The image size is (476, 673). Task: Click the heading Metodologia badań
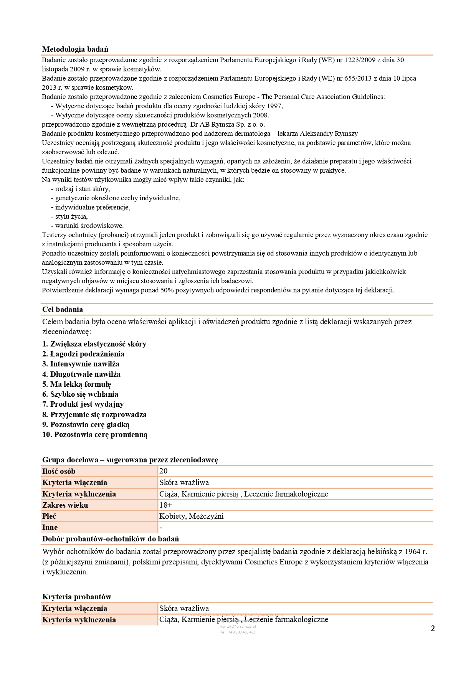coord(75,49)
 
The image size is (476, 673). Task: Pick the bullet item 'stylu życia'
coord(71,216)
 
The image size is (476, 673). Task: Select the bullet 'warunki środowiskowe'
coord(89,226)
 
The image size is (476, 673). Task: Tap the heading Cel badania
coord(63,309)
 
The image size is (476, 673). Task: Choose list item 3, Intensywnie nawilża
coord(81,364)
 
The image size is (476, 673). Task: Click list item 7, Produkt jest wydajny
coord(83,404)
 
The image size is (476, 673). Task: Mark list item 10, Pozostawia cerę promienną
coord(95,434)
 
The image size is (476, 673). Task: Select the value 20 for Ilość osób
coord(164,471)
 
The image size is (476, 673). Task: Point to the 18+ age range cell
coord(165,505)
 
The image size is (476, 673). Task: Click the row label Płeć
coord(49,516)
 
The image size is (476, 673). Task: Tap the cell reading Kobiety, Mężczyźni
coord(191,516)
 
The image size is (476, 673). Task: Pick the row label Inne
coord(50,527)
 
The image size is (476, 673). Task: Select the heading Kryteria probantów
coord(77,597)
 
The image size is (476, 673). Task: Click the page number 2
coord(433,628)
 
